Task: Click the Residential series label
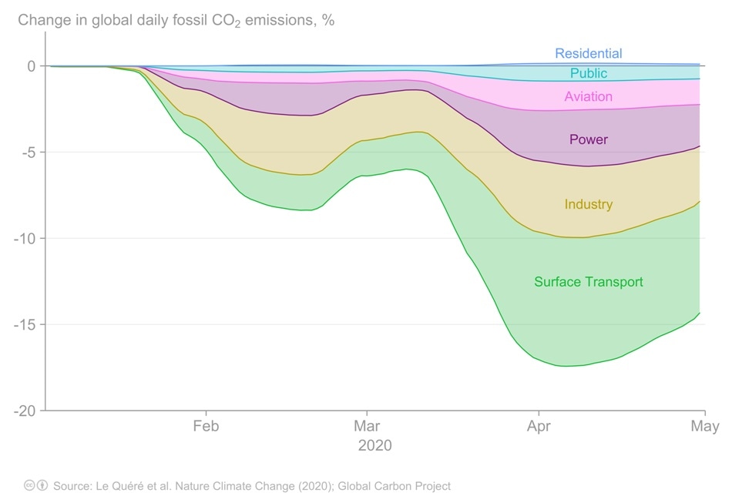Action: (x=588, y=54)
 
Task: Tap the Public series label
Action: (x=588, y=74)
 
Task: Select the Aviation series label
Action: (x=588, y=97)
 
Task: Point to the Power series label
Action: (x=588, y=140)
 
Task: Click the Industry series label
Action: (x=588, y=205)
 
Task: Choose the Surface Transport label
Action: (x=588, y=282)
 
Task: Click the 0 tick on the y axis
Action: (x=31, y=66)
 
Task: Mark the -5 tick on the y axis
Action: (x=28, y=153)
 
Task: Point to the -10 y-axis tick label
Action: (x=25, y=239)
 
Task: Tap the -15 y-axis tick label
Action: (x=25, y=324)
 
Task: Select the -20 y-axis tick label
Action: (x=25, y=411)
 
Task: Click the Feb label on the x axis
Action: (x=206, y=427)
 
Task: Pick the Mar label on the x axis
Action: (x=367, y=427)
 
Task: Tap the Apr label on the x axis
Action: (x=537, y=427)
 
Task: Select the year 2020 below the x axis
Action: (x=374, y=446)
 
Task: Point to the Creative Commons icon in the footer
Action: (x=30, y=486)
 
